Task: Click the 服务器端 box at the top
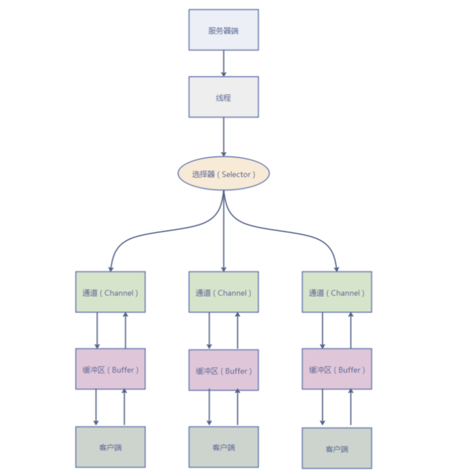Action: click(223, 29)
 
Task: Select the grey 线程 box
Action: click(223, 97)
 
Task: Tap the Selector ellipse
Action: click(223, 174)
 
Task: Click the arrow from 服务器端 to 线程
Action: click(223, 63)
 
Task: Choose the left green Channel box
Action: click(110, 292)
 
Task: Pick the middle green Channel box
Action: click(223, 292)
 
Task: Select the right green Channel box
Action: click(336, 292)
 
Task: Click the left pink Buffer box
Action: click(110, 369)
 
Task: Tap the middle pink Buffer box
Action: click(223, 371)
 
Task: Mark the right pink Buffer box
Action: click(336, 369)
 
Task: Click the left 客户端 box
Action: click(110, 447)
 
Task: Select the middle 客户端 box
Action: click(223, 447)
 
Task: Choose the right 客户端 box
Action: click(336, 448)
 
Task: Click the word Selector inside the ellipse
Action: click(236, 174)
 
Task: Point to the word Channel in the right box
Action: click(346, 293)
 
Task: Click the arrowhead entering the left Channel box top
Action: click(110, 268)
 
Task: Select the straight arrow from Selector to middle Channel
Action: click(223, 236)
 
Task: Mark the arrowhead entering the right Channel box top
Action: click(336, 268)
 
